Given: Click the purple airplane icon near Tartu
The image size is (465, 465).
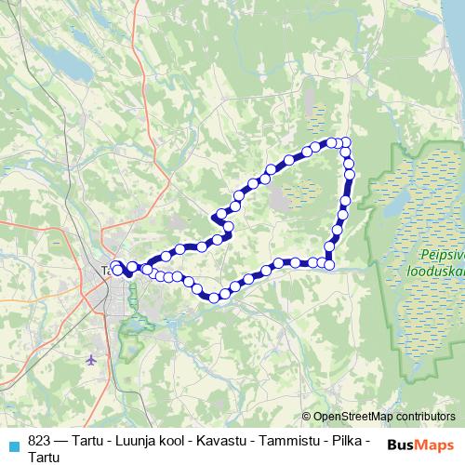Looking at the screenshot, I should [x=90, y=359].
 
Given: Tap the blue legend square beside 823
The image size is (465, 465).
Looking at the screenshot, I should [x=13, y=445].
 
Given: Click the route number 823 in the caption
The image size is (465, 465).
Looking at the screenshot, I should [x=39, y=443].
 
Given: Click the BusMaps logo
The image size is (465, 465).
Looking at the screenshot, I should [x=420, y=445].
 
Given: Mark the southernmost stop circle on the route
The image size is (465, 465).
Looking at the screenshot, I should [x=214, y=299].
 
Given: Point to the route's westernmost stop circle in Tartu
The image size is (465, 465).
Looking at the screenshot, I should [x=116, y=268].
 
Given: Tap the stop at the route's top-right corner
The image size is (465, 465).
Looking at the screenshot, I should [x=345, y=142].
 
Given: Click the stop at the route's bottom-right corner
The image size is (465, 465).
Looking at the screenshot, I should [x=329, y=263].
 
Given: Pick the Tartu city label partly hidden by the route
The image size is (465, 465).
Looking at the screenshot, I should [x=104, y=271].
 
